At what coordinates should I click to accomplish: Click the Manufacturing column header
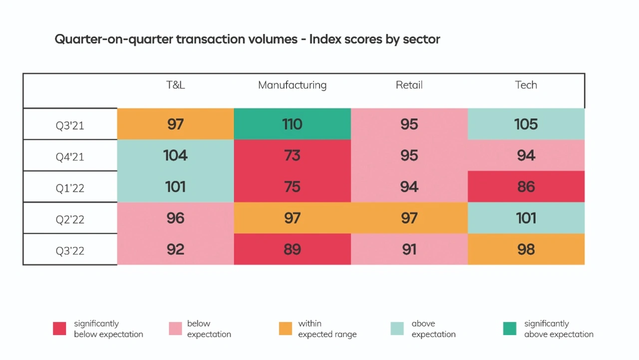pyautogui.click(x=292, y=85)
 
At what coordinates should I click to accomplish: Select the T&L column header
pyautogui.click(x=176, y=85)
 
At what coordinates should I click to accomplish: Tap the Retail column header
pyautogui.click(x=409, y=85)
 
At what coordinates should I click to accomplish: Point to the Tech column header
pyautogui.click(x=526, y=85)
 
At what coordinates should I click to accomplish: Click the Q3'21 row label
pyautogui.click(x=70, y=125)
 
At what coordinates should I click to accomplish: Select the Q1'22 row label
pyautogui.click(x=70, y=188)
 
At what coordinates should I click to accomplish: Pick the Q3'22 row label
pyautogui.click(x=70, y=250)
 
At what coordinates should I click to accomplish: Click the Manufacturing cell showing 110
pyautogui.click(x=292, y=124)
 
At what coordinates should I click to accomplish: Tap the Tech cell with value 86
pyautogui.click(x=526, y=187)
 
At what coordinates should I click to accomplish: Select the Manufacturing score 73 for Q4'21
pyautogui.click(x=292, y=155)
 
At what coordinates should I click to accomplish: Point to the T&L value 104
pyautogui.click(x=176, y=155)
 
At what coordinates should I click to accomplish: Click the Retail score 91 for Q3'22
pyautogui.click(x=409, y=249)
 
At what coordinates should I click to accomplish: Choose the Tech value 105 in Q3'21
pyautogui.click(x=526, y=124)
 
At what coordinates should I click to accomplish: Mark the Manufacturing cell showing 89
pyautogui.click(x=292, y=249)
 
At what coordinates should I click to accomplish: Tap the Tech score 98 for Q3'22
pyautogui.click(x=526, y=249)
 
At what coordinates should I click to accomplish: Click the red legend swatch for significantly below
pyautogui.click(x=59, y=329)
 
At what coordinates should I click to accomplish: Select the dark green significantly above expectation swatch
pyautogui.click(x=510, y=329)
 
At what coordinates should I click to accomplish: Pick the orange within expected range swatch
pyautogui.click(x=286, y=329)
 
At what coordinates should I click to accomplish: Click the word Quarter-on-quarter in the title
pyautogui.click(x=114, y=39)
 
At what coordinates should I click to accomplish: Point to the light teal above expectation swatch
pyautogui.click(x=397, y=329)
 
